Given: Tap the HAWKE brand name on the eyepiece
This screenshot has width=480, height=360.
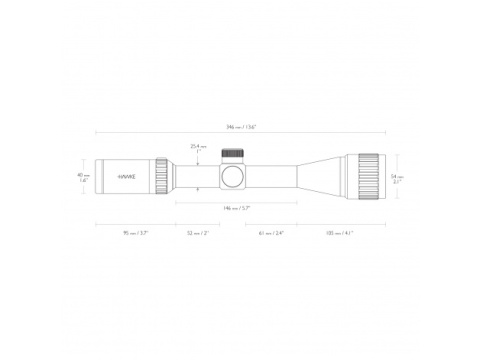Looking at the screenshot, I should [129, 175].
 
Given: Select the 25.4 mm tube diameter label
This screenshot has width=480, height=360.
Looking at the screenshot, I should [198, 148].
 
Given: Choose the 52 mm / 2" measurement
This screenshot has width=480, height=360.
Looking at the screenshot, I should [198, 232].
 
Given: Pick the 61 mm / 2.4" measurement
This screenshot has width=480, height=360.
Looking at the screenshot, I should [270, 232].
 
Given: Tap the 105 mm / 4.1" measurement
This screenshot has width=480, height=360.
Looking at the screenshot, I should [339, 232].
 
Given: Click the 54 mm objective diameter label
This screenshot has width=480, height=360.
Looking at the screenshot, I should [397, 173].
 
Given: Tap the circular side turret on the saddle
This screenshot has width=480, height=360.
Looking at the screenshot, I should [233, 176].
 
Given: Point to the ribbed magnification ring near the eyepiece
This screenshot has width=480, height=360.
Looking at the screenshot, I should [163, 175].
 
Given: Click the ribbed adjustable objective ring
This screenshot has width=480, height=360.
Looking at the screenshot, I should [364, 174].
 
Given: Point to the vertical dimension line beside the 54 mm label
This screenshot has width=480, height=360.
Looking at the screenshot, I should [390, 174].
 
